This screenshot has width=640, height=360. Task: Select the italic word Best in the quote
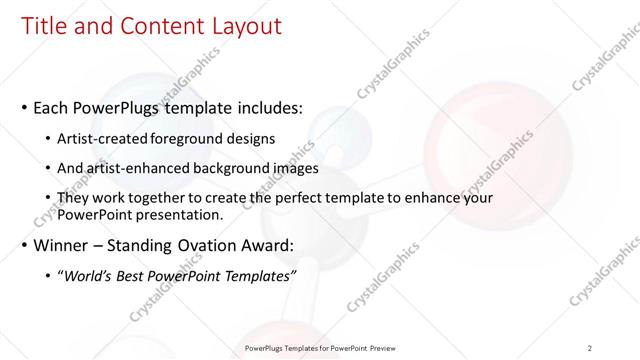(132, 275)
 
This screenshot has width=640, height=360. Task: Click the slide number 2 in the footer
(590, 348)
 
